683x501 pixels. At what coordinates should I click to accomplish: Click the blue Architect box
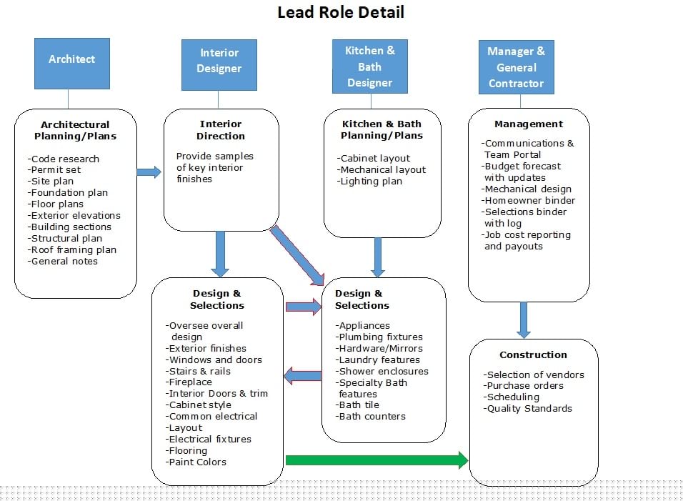pos(72,64)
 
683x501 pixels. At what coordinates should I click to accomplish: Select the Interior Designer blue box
pos(219,65)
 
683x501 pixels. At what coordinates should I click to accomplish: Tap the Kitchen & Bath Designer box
pos(370,66)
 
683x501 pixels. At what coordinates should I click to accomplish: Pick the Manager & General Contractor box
pos(516,67)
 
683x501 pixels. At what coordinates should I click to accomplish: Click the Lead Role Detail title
pos(341,12)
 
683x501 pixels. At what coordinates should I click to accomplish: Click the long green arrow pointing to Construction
pos(377,460)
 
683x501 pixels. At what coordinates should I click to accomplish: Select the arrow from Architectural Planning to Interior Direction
pos(149,172)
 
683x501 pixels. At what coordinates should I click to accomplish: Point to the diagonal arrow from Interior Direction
pos(297,255)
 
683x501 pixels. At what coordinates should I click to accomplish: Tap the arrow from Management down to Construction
pos(524,320)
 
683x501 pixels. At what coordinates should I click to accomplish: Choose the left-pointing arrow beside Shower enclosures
pos(303,375)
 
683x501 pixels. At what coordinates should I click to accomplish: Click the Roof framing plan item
pos(72,250)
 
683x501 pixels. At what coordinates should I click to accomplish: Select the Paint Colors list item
pos(196,462)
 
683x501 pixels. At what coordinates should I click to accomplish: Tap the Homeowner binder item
pos(529,200)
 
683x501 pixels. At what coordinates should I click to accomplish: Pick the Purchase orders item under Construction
pos(524,386)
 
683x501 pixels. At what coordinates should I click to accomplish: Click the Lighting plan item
pos(370,182)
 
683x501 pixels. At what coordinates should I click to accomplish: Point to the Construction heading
pos(533,355)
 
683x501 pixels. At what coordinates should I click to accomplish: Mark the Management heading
pos(529,124)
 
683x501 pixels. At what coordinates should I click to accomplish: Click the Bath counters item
pos(371,417)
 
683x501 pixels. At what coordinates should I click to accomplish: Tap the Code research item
pos(64,159)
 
